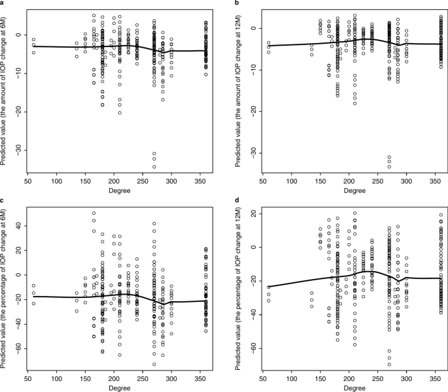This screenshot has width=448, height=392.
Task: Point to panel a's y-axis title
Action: [x=6, y=95]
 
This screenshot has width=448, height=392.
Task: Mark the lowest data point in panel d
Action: [x=390, y=365]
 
